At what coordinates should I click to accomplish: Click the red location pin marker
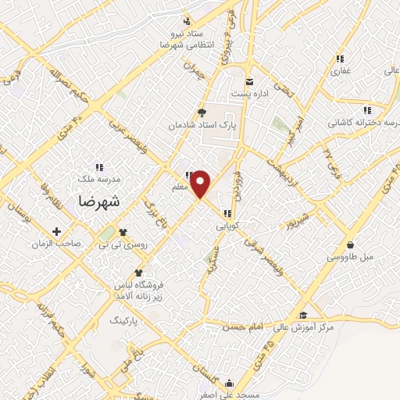point(201,183)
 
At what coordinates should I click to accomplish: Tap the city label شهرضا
point(99,201)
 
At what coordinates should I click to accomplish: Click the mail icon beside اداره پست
point(250,80)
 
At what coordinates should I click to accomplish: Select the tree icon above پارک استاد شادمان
point(202,112)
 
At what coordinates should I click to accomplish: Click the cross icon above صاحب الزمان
point(56,231)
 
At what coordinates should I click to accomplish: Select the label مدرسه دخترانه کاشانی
point(362,123)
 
